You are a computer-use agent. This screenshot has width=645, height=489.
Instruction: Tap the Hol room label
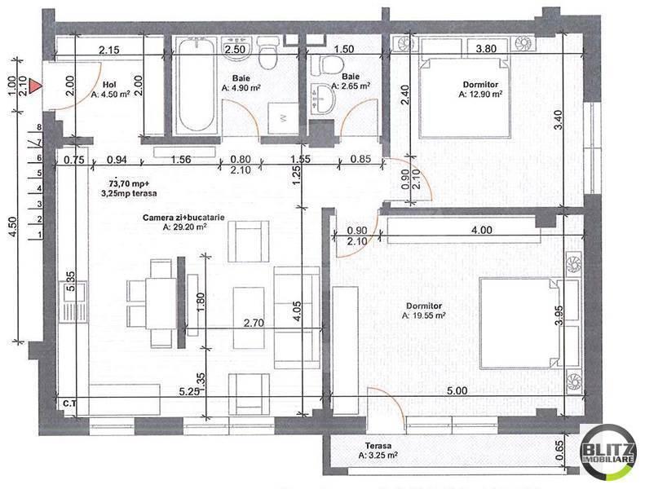(108, 84)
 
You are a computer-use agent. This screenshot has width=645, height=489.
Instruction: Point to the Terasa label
(378, 447)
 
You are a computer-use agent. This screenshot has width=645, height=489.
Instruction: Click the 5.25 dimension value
(191, 390)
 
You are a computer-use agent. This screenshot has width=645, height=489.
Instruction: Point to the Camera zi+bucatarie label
(184, 216)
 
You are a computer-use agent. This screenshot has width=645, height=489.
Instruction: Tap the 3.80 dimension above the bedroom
(486, 48)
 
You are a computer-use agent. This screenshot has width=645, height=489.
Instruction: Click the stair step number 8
(38, 128)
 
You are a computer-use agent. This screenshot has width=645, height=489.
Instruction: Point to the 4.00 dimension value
(481, 231)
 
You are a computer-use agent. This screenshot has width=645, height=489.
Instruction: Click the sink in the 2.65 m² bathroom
(325, 99)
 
